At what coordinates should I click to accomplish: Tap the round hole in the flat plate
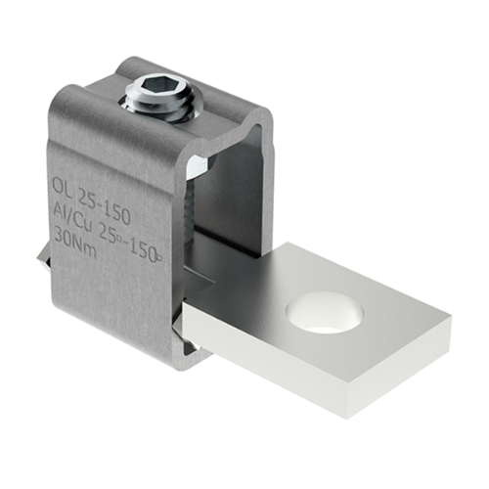(324, 313)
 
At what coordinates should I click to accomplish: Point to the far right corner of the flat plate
(451, 324)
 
